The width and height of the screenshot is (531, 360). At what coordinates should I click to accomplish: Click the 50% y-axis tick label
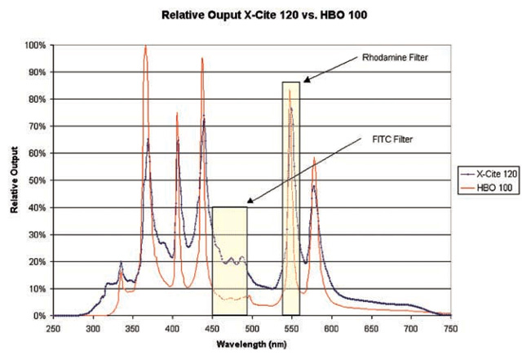pos(36,180)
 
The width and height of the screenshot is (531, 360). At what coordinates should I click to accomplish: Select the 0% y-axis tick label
pos(38,316)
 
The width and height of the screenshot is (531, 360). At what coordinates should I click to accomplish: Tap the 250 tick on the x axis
pos(53,327)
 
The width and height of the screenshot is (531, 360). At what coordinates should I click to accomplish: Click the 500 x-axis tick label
pos(252,327)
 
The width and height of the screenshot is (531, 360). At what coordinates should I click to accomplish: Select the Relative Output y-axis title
pos(15,180)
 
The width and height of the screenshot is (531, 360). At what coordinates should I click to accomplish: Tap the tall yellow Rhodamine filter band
pos(290,196)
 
